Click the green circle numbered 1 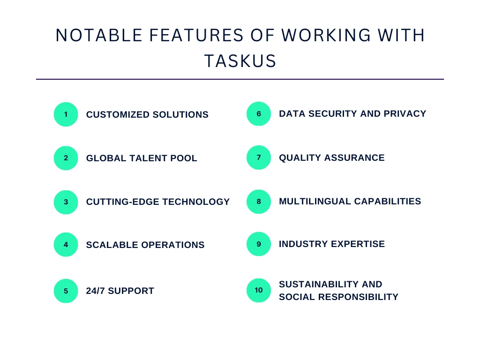pyautogui.click(x=66, y=114)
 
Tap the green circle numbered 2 pyautogui.click(x=66, y=158)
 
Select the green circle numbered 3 pyautogui.click(x=66, y=202)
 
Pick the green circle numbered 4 pyautogui.click(x=66, y=245)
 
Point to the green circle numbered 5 pyautogui.click(x=66, y=291)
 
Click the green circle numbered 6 pyautogui.click(x=259, y=114)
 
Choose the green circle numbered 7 pyautogui.click(x=259, y=157)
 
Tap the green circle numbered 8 pyautogui.click(x=259, y=202)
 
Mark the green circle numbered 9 pyautogui.click(x=259, y=244)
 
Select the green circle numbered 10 pyautogui.click(x=259, y=290)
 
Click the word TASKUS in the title pyautogui.click(x=240, y=61)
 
